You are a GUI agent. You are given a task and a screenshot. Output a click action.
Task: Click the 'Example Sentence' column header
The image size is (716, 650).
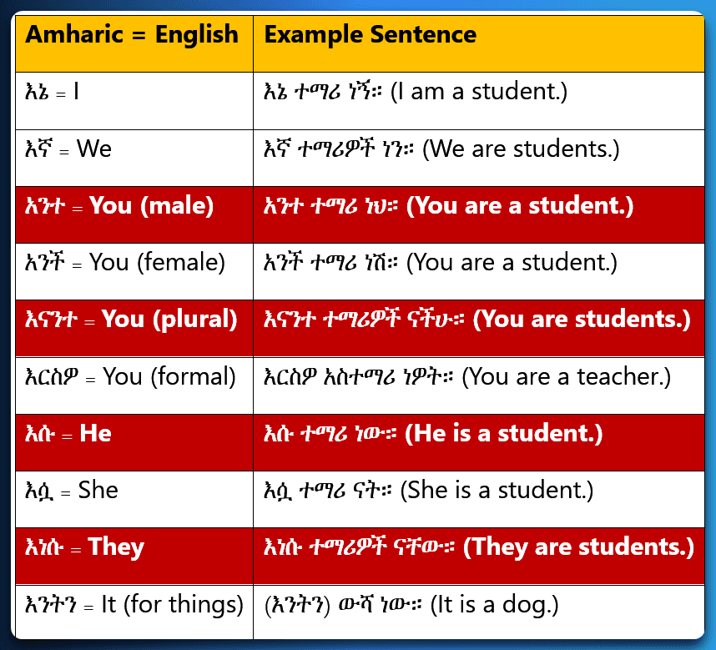pos(371,35)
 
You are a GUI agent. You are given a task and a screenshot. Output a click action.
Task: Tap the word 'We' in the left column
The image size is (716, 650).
pos(94,149)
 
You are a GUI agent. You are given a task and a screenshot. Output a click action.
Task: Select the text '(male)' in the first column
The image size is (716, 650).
pos(177,206)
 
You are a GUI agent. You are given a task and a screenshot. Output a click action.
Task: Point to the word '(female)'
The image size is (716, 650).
pos(181,263)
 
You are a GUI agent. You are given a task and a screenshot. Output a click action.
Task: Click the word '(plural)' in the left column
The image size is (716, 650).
pos(195,319)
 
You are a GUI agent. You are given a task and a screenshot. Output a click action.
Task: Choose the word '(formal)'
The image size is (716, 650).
pos(193,376)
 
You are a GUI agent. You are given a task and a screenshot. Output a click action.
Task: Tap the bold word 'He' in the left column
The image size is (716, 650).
pos(95,433)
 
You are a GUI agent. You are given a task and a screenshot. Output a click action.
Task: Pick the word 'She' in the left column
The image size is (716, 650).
pos(98,490)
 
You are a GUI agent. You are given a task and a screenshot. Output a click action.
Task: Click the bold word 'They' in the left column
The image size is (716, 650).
pos(116,547)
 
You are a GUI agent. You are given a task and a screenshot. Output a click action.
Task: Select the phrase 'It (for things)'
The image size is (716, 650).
pos(172,604)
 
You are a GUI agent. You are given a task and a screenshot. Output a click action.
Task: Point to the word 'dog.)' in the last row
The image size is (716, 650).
pos(530,605)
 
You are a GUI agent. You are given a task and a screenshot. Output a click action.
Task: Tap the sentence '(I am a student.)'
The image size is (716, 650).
pos(479,91)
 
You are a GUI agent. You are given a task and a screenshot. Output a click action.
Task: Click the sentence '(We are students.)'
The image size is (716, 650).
pos(521,149)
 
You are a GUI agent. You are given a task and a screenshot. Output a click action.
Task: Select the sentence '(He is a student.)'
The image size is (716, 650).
pos(504,433)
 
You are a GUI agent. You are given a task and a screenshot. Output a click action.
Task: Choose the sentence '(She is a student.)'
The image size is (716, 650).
pos(497,491)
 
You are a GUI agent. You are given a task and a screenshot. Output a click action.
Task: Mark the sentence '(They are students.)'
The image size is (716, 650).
pos(578,547)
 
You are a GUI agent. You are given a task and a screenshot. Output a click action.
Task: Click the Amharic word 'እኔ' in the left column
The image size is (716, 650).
pos(37,91)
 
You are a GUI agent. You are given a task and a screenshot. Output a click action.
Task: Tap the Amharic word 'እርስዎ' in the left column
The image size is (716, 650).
pos(52,377)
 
